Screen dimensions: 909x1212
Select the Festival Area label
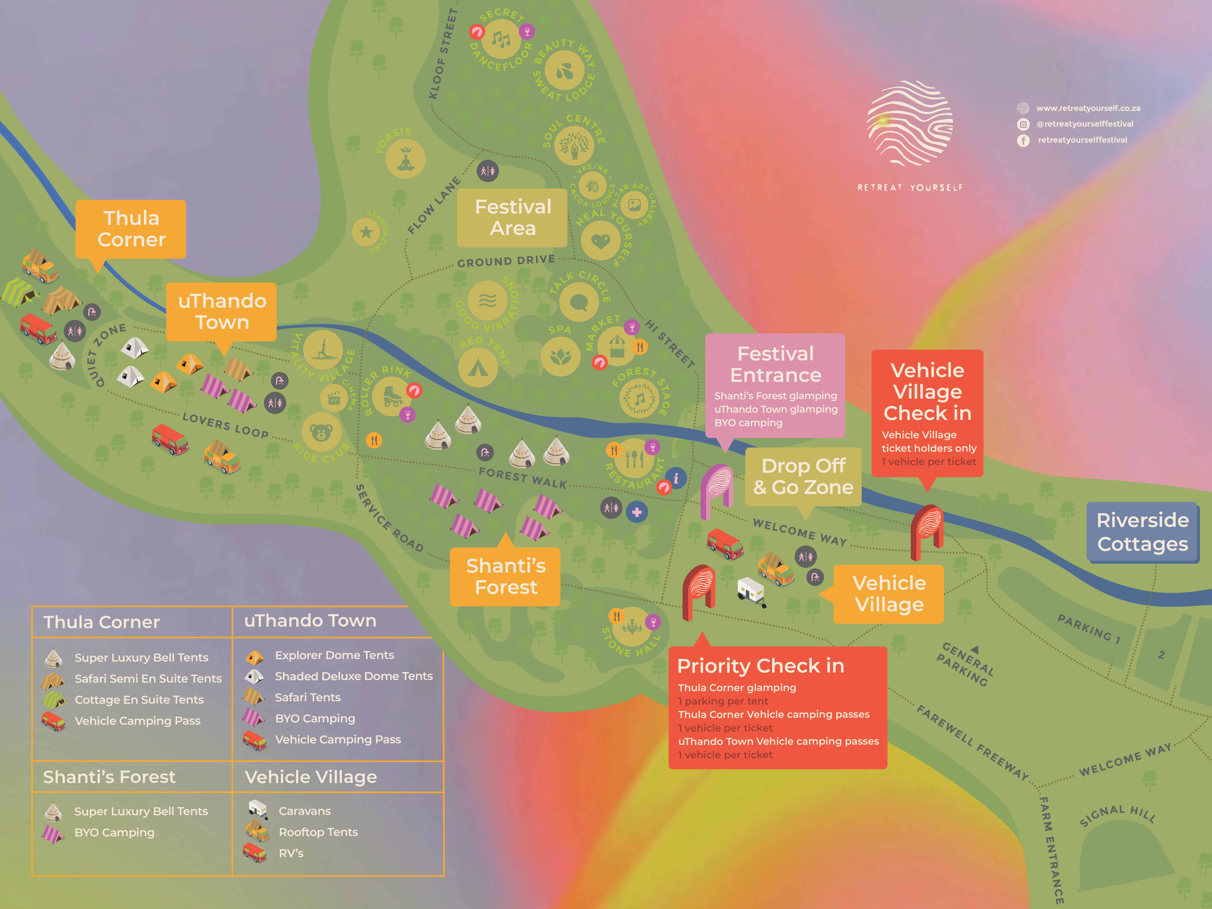[512, 217]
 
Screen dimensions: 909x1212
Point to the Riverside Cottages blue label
[1142, 532]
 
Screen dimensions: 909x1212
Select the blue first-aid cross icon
[637, 512]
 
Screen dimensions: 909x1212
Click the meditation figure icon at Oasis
[405, 159]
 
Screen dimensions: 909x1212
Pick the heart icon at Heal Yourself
[600, 240]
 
